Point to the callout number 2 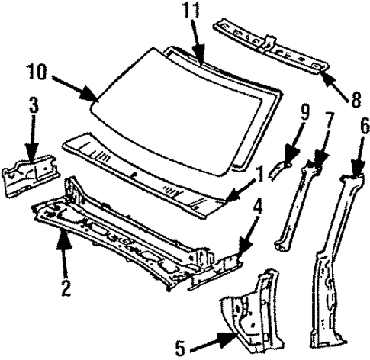(66, 288)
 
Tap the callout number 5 (180, 348)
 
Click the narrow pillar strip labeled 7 (294, 206)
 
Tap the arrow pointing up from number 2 (63, 259)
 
